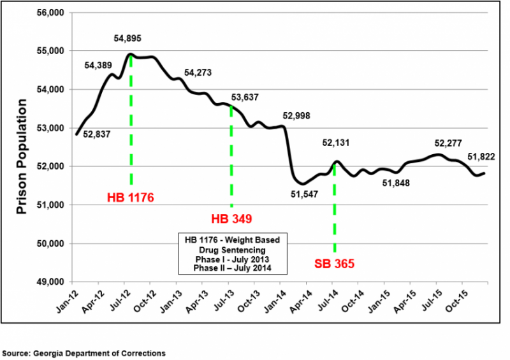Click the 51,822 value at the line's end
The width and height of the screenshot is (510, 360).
point(481,157)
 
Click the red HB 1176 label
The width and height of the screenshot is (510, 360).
point(131,198)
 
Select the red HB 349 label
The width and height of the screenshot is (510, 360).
point(231,219)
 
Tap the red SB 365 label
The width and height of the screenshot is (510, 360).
point(335,263)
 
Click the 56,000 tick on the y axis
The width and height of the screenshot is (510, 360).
point(52,13)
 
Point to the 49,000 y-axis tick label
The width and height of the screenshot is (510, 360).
point(52,282)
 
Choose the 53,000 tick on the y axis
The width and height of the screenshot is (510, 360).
point(52,128)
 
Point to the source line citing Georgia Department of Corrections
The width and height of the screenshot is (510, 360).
point(84,352)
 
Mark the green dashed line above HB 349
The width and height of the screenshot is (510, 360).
point(231,159)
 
